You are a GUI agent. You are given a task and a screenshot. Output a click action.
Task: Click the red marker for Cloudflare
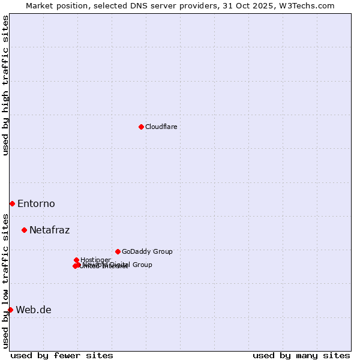pos(141,127)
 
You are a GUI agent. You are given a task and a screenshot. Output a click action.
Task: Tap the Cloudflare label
pos(161,127)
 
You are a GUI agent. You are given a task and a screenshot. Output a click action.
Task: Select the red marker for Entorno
pos(12,203)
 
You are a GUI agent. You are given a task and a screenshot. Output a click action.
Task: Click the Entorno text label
pos(36,204)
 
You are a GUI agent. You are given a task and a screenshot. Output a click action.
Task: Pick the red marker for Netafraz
pos(24,230)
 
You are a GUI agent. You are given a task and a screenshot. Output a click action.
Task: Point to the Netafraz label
pos(49,230)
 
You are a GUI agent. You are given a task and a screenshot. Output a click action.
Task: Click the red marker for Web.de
pos(10,310)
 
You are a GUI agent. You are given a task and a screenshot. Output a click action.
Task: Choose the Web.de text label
pos(34,310)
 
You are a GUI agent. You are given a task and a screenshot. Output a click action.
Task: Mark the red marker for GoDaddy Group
pos(118,251)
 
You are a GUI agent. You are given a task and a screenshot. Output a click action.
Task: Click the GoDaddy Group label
pos(147,252)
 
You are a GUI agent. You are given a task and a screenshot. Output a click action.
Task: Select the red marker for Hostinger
pos(76,260)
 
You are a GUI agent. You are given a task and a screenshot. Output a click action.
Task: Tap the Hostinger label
pos(95,260)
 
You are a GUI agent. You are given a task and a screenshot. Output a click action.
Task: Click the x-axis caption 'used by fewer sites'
pos(62,355)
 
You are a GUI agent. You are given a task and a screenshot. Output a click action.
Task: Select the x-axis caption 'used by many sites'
pos(301,355)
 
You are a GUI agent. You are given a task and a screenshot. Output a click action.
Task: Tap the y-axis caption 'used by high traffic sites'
pos(5,85)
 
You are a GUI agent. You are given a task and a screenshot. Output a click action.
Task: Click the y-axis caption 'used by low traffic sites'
pos(5,281)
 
